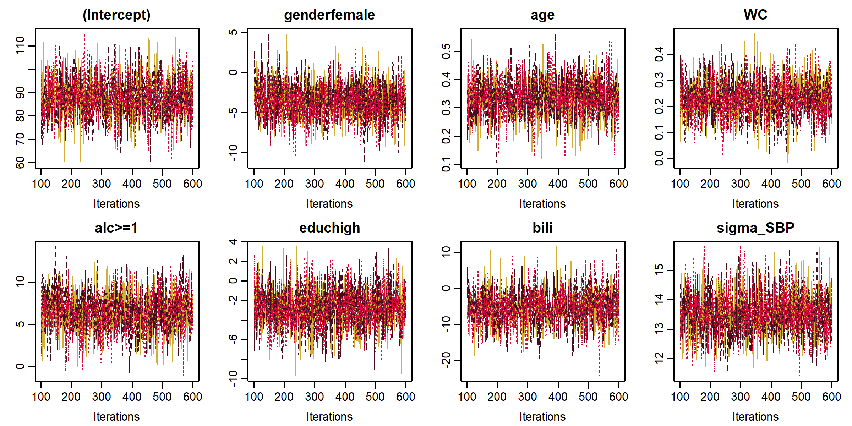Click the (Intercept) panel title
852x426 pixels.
[116, 15]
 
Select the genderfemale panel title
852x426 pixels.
[329, 15]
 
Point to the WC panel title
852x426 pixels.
[755, 15]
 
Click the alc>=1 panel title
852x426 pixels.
[116, 228]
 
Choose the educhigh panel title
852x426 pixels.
[329, 228]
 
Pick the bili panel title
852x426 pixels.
[542, 228]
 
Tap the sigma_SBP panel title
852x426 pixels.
[755, 228]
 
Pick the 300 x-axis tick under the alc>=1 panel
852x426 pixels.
[102, 397]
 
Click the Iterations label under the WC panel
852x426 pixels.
[755, 204]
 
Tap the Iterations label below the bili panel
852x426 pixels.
[542, 417]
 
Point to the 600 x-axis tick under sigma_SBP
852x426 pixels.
[831, 397]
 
